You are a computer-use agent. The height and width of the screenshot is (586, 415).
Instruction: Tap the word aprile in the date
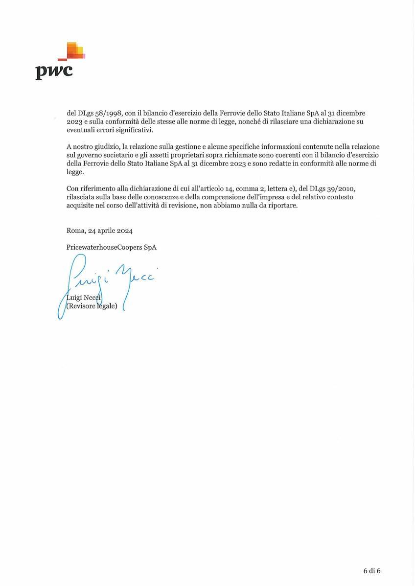point(102,231)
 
